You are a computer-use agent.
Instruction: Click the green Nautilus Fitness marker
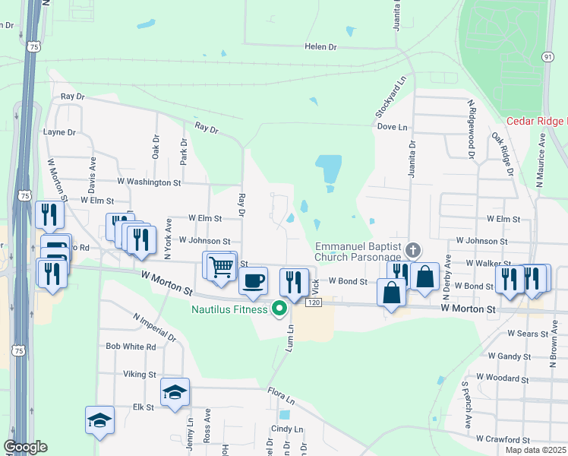click(x=279, y=308)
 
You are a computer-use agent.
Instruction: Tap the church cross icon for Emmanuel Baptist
click(x=413, y=250)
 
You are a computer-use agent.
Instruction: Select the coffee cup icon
click(x=254, y=280)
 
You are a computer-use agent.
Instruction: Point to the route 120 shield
click(x=312, y=303)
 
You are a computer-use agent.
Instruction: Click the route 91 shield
click(x=547, y=57)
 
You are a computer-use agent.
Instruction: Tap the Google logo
click(x=25, y=447)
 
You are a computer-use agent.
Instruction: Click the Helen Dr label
click(x=320, y=46)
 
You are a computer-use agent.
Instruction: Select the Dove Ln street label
click(x=392, y=127)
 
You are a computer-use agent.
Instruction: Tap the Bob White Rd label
click(x=131, y=347)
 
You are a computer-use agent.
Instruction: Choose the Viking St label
click(x=140, y=375)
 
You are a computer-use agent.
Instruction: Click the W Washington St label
click(x=149, y=182)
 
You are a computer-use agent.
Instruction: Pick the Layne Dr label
click(x=60, y=131)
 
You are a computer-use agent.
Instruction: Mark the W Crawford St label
click(x=503, y=439)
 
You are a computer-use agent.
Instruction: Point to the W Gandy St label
click(x=510, y=356)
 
